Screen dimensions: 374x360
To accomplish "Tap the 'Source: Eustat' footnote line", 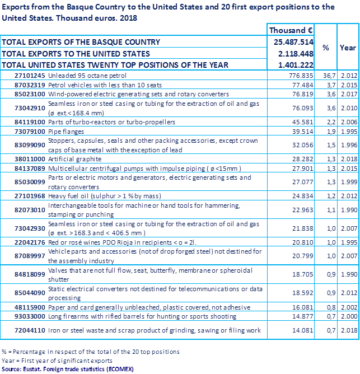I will coord(67,369).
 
